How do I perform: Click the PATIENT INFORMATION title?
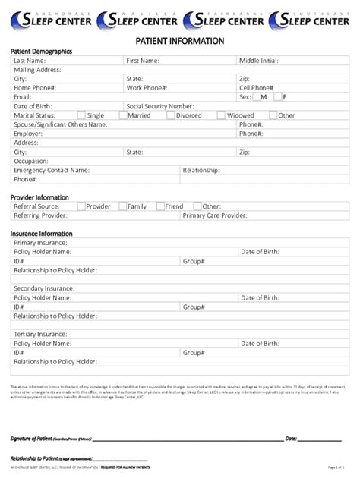tap(180, 41)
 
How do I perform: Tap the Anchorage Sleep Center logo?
tap(50, 20)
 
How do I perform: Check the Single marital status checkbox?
tap(81, 115)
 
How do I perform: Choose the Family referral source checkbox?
tap(122, 206)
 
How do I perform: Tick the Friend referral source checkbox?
tap(159, 206)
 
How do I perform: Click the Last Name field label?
tap(30, 61)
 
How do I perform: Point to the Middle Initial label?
tap(258, 61)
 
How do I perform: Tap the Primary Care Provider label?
tap(215, 215)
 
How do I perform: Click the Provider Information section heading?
tap(39, 197)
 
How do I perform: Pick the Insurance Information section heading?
tap(42, 233)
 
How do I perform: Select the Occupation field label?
tap(31, 162)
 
